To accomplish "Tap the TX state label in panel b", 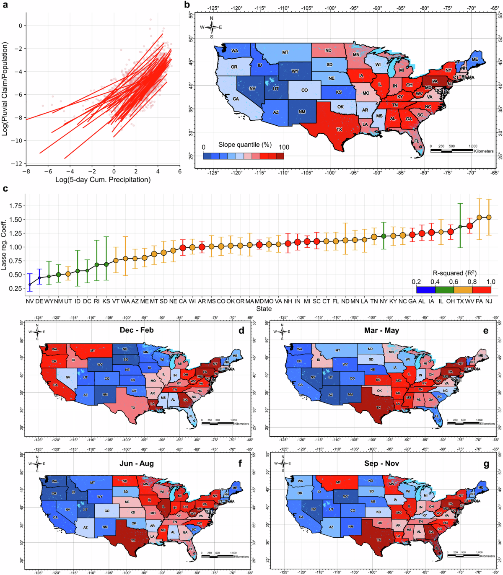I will click(340, 130).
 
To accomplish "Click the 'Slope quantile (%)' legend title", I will click(245, 145).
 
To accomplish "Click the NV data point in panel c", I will click(29, 285).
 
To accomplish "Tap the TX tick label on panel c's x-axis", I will click(460, 301).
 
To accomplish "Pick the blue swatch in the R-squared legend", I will click(426, 289).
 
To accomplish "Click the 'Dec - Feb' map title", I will click(137, 330).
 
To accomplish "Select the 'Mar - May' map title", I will click(381, 330).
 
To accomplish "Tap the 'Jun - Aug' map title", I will click(137, 464).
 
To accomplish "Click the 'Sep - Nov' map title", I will click(381, 464).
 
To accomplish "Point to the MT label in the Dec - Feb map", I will click(93, 350).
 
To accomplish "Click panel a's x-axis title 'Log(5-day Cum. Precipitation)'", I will click(103, 180).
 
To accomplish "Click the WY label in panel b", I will click(295, 72).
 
